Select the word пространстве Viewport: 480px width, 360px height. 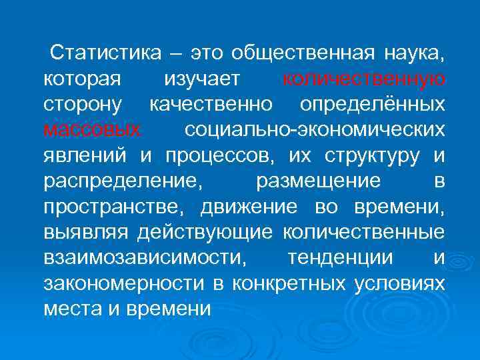coord(115,207)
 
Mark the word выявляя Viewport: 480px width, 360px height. coord(86,232)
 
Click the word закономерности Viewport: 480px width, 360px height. coord(123,283)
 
